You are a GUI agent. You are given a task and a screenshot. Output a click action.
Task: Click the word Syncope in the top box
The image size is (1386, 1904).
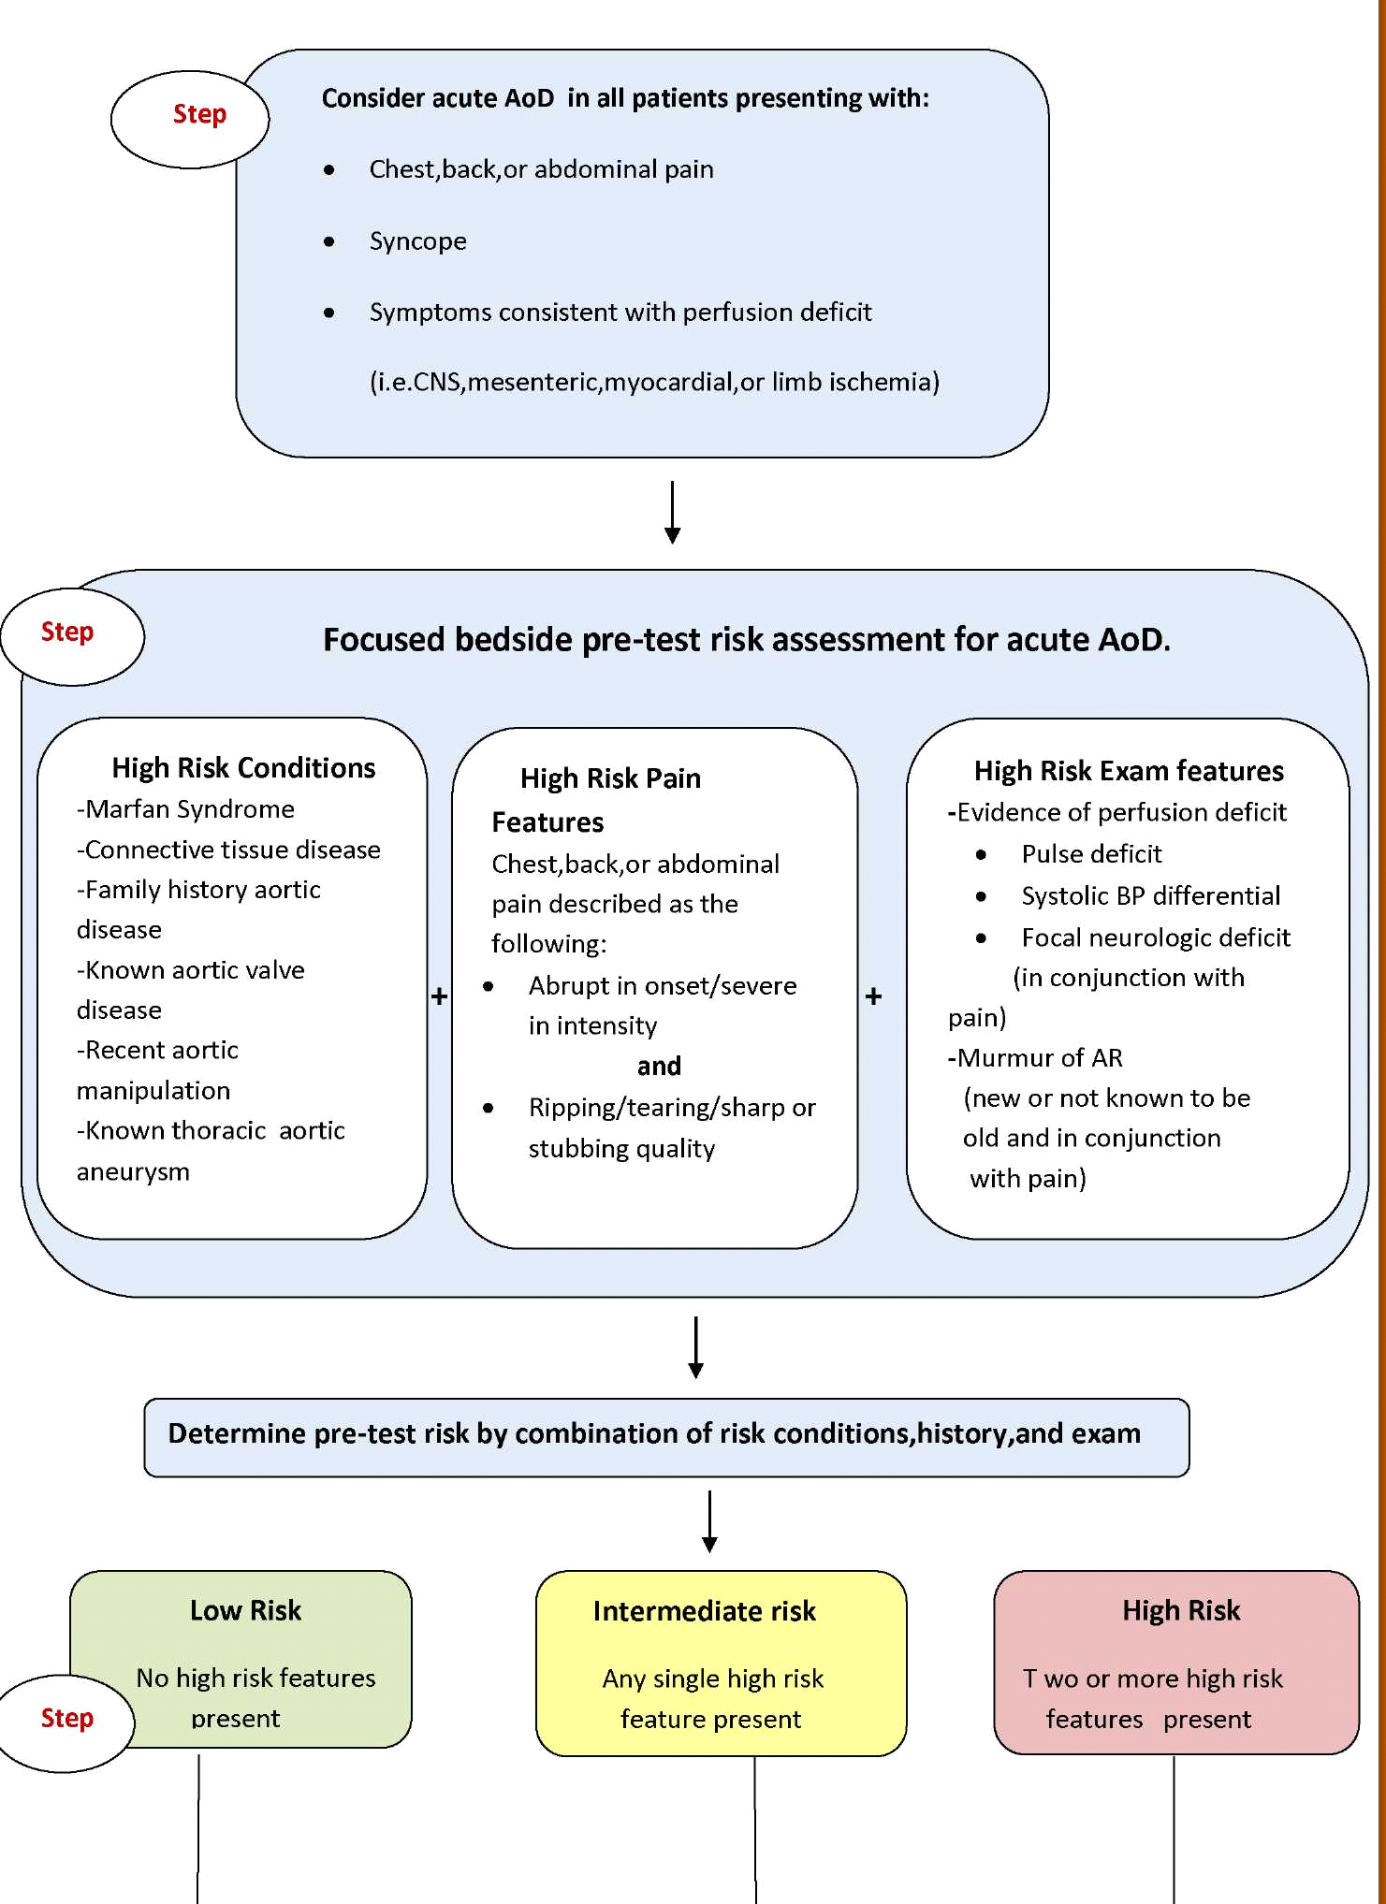tap(417, 241)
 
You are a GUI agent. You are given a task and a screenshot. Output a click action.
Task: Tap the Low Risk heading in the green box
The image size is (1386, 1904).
tap(245, 1610)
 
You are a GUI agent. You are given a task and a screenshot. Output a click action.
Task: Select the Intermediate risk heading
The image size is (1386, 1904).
tap(704, 1611)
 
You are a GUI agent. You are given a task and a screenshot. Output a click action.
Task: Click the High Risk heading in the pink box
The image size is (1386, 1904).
tap(1181, 1610)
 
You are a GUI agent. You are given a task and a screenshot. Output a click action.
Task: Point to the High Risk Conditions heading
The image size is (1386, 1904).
tap(243, 768)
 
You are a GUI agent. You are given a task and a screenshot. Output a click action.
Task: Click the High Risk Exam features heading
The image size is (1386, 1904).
tap(1129, 771)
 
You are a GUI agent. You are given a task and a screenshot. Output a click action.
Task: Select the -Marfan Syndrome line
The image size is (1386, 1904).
tap(185, 809)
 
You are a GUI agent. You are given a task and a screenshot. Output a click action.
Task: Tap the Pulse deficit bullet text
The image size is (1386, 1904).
tap(1091, 854)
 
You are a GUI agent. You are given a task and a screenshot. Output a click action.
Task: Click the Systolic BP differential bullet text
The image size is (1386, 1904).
tap(1150, 896)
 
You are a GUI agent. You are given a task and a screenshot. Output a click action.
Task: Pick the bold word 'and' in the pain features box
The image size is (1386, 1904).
tap(659, 1067)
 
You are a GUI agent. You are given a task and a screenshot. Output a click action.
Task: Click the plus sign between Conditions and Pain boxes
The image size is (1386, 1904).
tap(439, 996)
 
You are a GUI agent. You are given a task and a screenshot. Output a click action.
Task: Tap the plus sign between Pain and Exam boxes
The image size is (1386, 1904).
tap(873, 996)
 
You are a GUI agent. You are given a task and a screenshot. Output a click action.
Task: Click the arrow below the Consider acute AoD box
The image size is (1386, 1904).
tap(672, 512)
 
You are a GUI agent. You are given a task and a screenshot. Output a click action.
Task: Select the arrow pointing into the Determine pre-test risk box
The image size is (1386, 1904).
tap(695, 1347)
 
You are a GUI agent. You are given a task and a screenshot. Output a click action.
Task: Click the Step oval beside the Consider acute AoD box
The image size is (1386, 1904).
tap(191, 119)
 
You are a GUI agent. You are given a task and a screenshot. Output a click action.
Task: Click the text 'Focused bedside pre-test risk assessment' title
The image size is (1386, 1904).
tap(746, 640)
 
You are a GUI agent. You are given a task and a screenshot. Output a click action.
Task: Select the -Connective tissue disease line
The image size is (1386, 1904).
tap(229, 850)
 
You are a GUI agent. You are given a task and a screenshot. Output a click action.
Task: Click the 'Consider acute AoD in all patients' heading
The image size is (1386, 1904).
tap(625, 98)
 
